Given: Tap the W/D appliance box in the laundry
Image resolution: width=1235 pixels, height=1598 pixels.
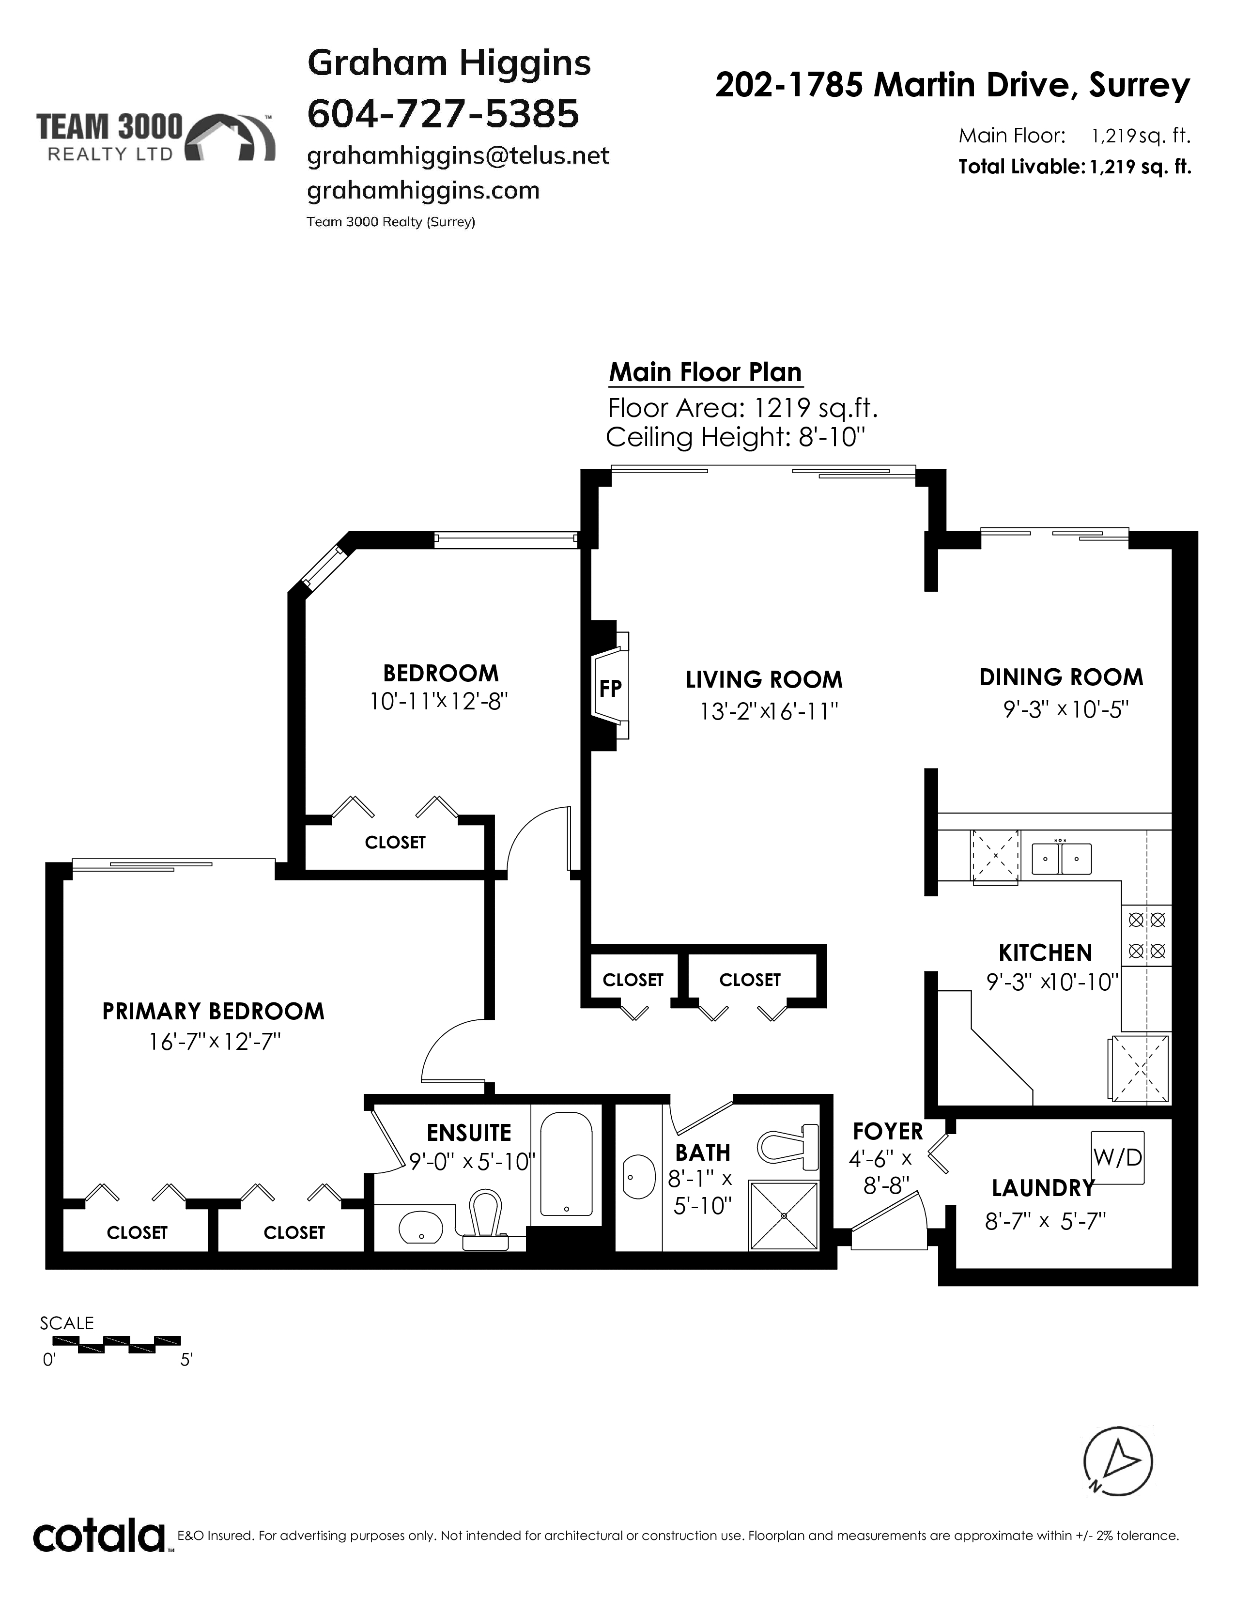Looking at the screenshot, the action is point(1117,1157).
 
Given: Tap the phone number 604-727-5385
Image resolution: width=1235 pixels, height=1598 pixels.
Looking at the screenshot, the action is point(443,113).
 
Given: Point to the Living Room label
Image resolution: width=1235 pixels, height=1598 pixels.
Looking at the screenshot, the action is point(764,680).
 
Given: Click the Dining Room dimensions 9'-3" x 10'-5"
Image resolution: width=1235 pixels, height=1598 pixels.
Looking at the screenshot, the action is point(1066,710).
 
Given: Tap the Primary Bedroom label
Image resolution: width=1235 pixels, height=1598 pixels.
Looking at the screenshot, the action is point(213,1011).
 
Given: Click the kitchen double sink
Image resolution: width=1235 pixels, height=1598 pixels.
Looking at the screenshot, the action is point(1062,858).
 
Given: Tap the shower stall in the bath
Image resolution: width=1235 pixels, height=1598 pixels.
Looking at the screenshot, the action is point(784,1215).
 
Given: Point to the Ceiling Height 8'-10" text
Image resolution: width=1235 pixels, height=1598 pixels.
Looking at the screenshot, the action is point(736,438).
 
